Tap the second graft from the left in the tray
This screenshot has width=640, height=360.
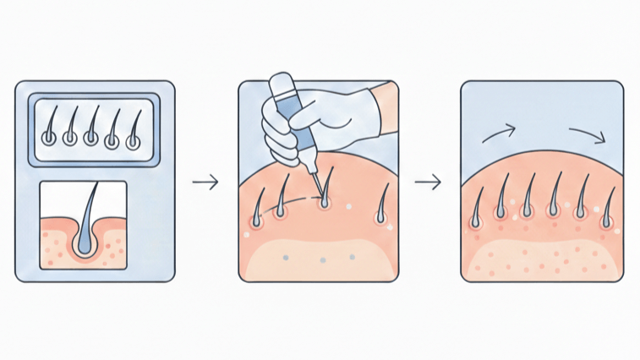pos(70,130)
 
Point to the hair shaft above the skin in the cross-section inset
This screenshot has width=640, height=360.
pos(93,199)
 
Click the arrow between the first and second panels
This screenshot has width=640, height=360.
pos(205,182)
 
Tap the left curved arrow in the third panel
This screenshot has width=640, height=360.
pos(499,132)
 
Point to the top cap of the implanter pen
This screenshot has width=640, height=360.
pos(279,85)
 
